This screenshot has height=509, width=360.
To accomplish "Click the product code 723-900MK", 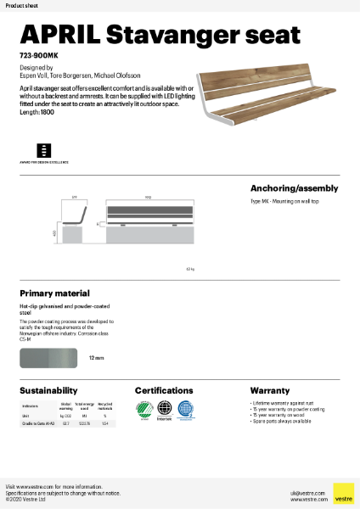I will point(38,55).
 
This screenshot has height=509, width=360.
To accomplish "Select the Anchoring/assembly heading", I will point(294,188).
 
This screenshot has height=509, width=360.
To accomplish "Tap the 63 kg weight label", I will point(190,269).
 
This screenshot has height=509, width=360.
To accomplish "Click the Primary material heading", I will point(54,293).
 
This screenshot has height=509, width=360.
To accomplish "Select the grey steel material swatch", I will point(48,359).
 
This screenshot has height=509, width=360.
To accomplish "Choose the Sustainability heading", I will point(49,391).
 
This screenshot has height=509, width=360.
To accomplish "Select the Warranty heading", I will point(270,391).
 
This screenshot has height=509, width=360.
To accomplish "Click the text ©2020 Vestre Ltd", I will point(26,500).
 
